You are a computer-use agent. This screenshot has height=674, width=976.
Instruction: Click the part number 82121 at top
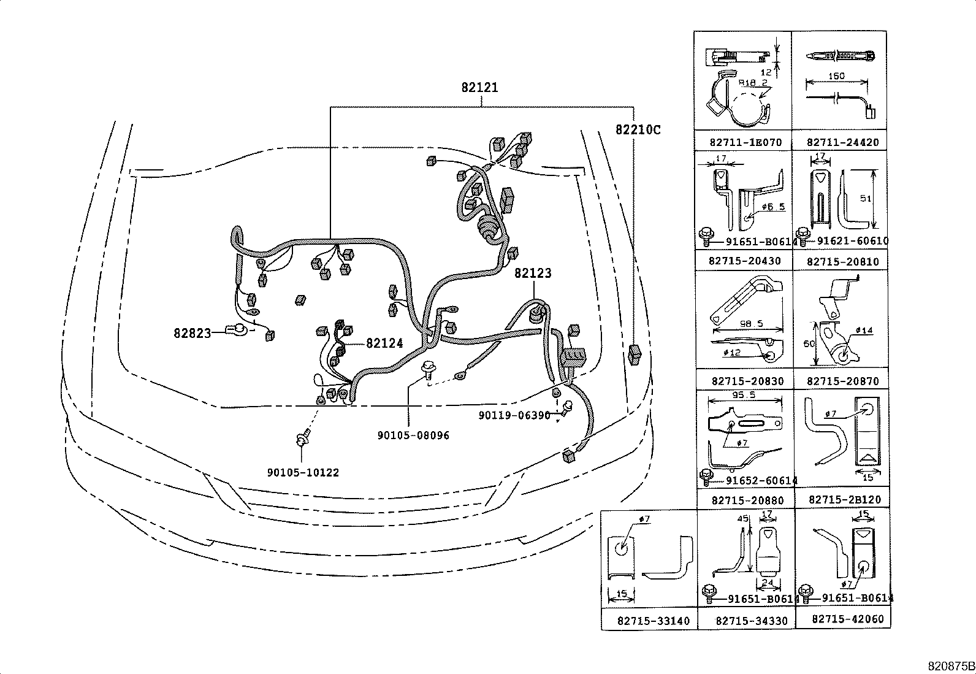pyautogui.click(x=479, y=88)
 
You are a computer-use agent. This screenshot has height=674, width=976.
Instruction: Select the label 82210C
pyautogui.click(x=638, y=130)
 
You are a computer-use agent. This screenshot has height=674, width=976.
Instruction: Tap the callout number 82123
pyautogui.click(x=533, y=274)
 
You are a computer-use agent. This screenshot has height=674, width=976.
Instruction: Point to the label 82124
pyautogui.click(x=384, y=343)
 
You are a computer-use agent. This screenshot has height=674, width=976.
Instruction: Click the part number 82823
pyautogui.click(x=191, y=333)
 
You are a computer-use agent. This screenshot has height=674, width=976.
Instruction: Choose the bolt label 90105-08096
pyautogui.click(x=413, y=435)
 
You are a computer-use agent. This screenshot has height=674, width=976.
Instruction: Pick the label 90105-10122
pyautogui.click(x=303, y=473)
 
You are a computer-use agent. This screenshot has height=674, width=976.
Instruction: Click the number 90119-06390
pyautogui.click(x=514, y=416)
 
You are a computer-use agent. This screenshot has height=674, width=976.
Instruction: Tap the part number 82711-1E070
pyautogui.click(x=745, y=142)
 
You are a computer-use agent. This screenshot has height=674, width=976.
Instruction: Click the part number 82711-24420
pyautogui.click(x=842, y=142)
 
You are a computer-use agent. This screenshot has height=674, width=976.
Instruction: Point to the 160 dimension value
pyautogui.click(x=836, y=76)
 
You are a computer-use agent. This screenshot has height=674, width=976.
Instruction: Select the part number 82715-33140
pyautogui.click(x=649, y=621)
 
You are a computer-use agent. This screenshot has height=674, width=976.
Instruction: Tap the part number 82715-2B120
pyautogui.click(x=844, y=500)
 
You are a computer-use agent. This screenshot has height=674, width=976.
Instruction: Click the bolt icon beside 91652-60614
pyautogui.click(x=706, y=475)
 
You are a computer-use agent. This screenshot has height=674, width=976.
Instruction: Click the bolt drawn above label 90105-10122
pyautogui.click(x=301, y=440)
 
